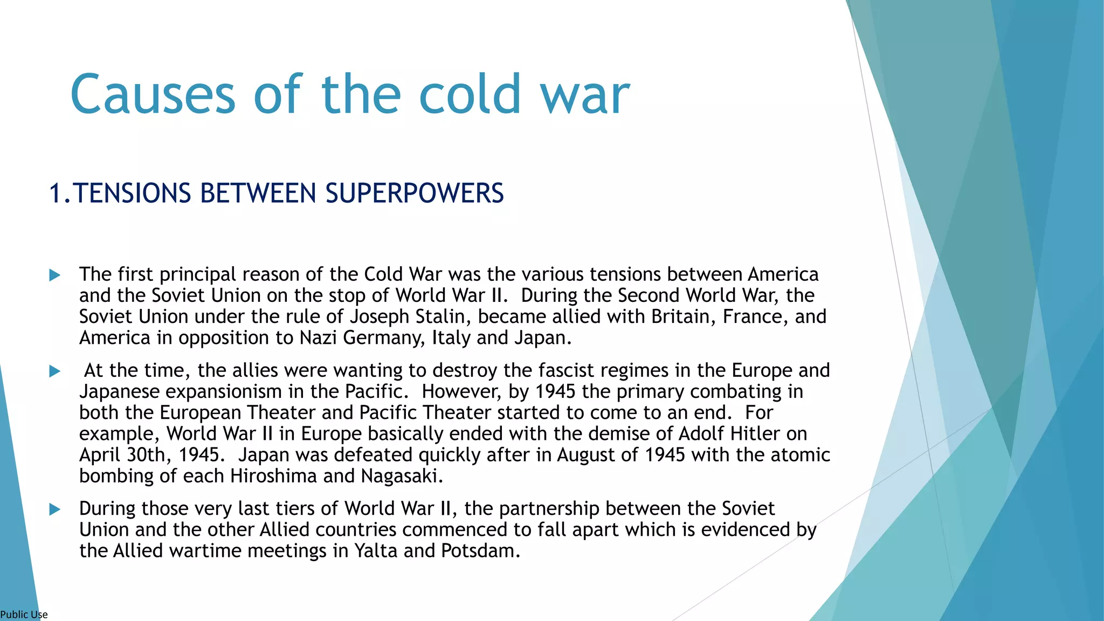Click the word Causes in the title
[x=153, y=95]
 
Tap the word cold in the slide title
[x=470, y=95]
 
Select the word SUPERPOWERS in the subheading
[x=415, y=194]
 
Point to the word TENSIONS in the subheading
[x=132, y=194]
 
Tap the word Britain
[x=683, y=316]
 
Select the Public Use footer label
[x=24, y=615]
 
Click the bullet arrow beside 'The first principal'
[x=54, y=275]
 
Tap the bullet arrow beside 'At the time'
[x=54, y=371]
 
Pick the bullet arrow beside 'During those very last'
[x=54, y=509]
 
